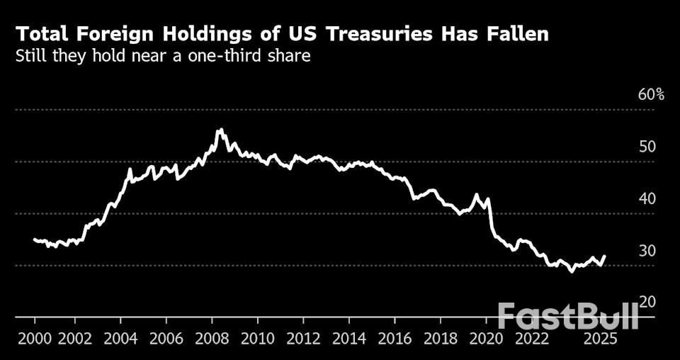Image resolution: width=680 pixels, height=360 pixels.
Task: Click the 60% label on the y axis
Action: pos(651,95)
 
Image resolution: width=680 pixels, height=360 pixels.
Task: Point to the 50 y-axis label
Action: pos(648,147)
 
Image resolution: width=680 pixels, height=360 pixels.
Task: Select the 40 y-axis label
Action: pos(648,198)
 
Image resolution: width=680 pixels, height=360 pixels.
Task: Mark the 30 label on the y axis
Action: pos(648,251)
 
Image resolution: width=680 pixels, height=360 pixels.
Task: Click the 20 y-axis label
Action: pos(648,302)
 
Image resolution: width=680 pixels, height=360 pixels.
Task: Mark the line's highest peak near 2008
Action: pos(220,130)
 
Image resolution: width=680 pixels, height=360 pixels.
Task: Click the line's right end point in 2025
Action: pos(605,256)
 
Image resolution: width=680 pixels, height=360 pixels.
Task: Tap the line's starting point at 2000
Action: pos(35,240)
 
